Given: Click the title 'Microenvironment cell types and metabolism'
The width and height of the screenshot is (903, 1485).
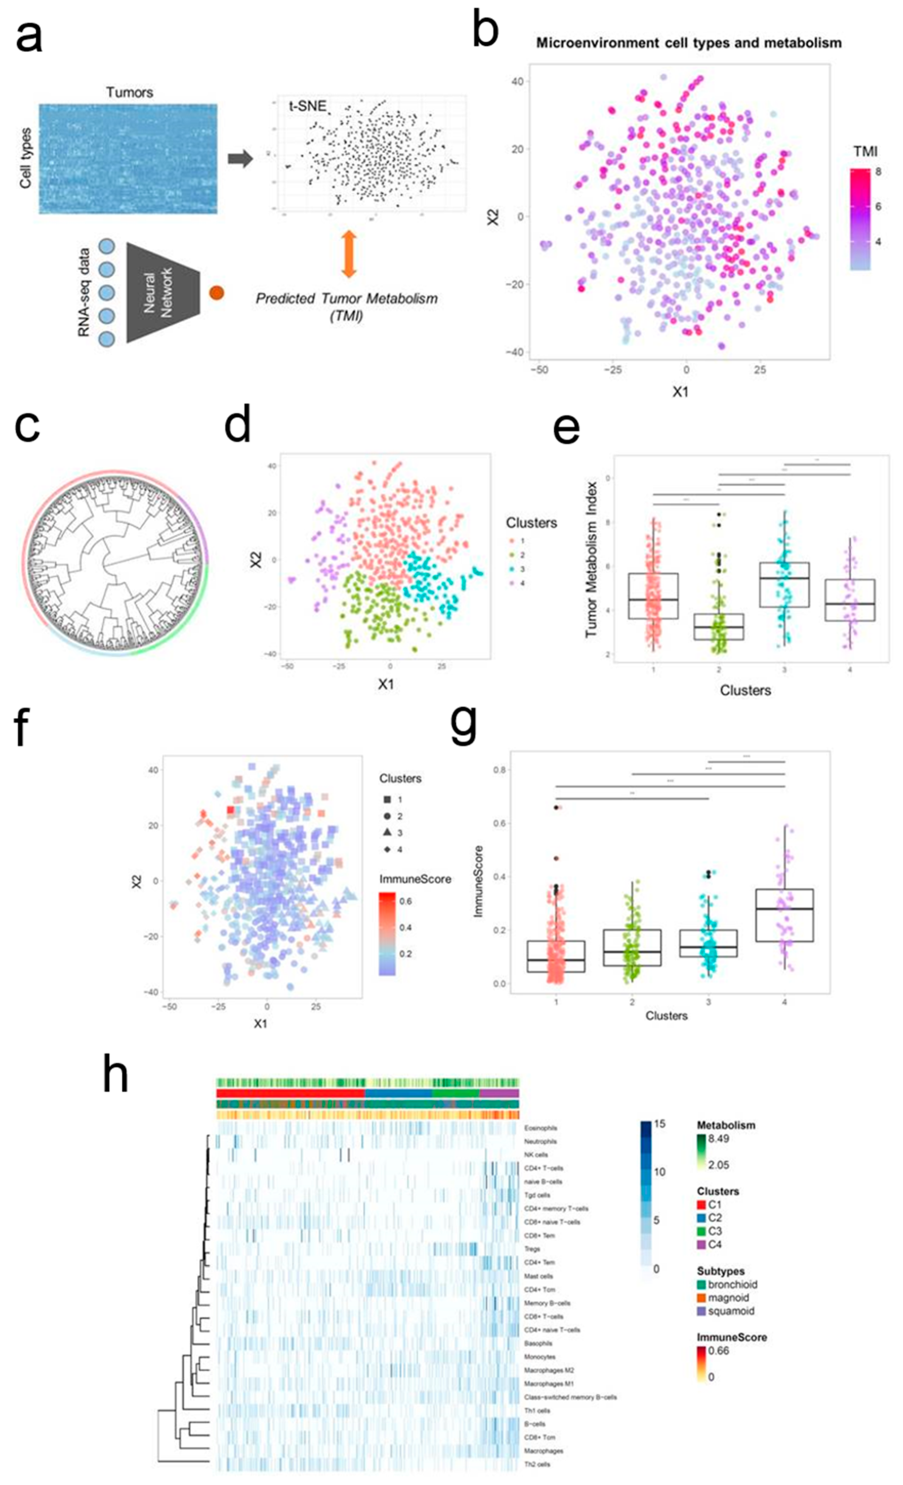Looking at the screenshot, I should tap(688, 43).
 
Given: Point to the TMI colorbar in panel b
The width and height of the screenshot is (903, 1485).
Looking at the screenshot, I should tap(859, 218).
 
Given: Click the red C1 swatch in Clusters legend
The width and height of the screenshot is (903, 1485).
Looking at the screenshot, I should tap(702, 1205).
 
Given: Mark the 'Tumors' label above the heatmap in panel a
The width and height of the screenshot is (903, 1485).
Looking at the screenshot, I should tap(129, 92).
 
